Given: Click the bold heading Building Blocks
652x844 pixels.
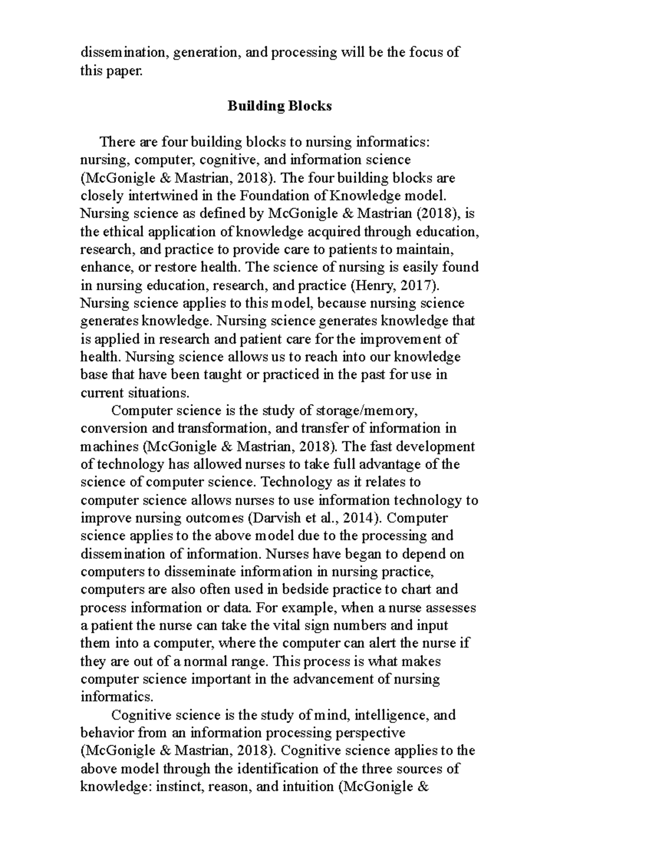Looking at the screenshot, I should click(x=279, y=106).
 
